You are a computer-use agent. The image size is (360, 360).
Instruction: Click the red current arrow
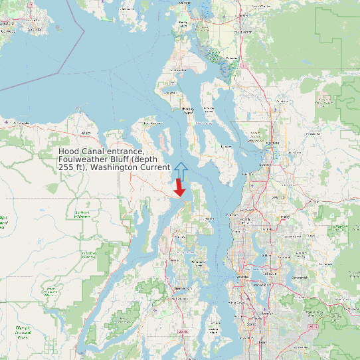[179, 188]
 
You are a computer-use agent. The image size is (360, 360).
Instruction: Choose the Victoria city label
[36, 30]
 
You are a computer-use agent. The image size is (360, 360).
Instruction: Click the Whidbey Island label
[188, 110]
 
